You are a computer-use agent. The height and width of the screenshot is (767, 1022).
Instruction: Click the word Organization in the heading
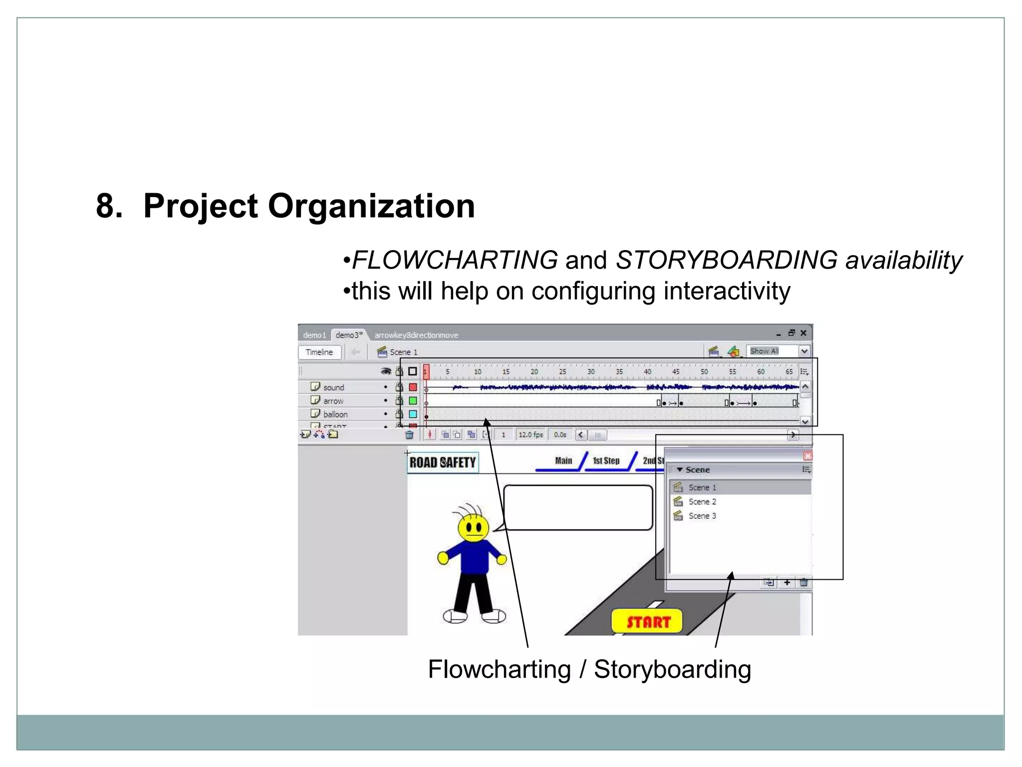[371, 206]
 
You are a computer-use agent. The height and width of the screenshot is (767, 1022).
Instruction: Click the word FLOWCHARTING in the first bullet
[455, 260]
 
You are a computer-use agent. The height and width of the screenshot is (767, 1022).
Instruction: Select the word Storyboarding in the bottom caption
[672, 670]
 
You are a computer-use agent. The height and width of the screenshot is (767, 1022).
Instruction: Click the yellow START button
[647, 622]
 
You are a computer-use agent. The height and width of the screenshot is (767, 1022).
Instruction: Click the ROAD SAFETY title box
[443, 462]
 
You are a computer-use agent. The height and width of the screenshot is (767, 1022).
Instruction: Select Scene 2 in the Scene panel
[702, 502]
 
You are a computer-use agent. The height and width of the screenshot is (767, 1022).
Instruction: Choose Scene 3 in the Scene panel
[702, 516]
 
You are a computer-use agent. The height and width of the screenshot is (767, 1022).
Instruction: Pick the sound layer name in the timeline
[333, 387]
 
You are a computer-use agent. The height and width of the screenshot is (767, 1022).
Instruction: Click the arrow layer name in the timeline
[333, 401]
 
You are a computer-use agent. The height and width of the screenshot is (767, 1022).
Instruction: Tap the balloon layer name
[335, 414]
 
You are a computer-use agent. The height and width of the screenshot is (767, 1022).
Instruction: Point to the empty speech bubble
[578, 507]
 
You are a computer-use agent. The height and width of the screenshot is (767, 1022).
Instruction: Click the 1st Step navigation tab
[606, 461]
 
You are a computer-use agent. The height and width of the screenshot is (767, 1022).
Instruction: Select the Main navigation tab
[563, 461]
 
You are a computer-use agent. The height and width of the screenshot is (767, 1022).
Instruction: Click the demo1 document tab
[314, 335]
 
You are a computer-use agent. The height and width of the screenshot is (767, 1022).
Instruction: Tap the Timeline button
[319, 352]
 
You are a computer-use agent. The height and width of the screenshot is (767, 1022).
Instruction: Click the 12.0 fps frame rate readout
[530, 435]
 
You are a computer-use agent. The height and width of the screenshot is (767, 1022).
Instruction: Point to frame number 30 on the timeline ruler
[591, 372]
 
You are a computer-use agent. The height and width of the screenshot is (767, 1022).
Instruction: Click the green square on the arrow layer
[413, 400]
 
